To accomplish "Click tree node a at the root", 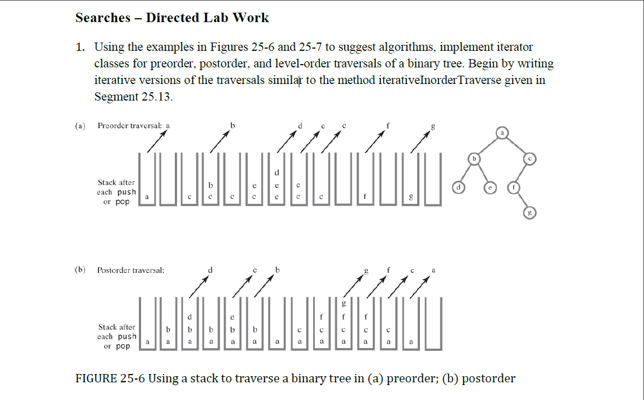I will click(502, 133).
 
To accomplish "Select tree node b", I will click(474, 159).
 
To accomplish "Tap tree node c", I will click(529, 159).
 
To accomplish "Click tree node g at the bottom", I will click(529, 213).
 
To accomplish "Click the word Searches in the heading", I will click(102, 18).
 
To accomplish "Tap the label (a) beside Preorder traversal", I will click(81, 125).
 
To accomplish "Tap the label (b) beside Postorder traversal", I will click(81, 270).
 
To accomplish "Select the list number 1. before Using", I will click(81, 48).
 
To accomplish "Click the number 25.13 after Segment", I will click(156, 97).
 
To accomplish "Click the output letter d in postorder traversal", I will click(210, 270).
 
